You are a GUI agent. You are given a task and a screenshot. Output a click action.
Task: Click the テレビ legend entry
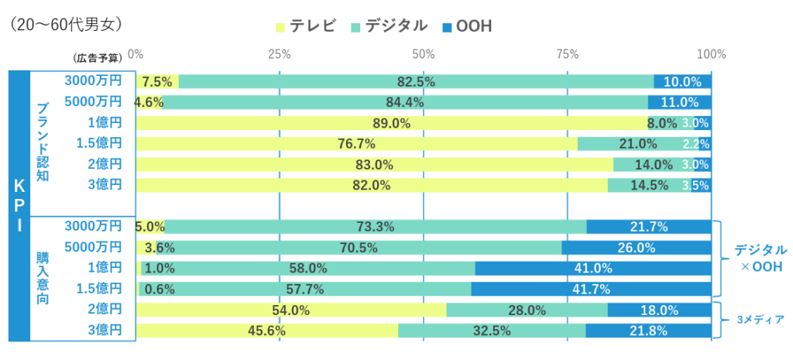tap(306, 26)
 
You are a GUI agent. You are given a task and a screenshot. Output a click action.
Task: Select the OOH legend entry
tap(466, 26)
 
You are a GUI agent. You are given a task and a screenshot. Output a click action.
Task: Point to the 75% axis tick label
tap(568, 54)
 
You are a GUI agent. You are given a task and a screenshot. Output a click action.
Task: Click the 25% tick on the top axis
tap(279, 54)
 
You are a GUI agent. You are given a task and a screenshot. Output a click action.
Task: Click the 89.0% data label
tap(391, 123)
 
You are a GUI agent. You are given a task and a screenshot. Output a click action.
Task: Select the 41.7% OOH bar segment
tap(591, 290)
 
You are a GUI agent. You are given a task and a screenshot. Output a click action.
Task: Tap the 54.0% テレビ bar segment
tap(291, 310)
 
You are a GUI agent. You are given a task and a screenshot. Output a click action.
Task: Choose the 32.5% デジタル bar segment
tap(492, 331)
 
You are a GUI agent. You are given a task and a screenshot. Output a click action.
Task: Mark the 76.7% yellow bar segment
tap(356, 144)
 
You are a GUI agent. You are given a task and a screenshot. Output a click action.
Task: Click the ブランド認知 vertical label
tap(43, 141)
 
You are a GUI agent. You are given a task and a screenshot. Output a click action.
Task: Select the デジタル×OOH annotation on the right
tap(760, 259)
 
